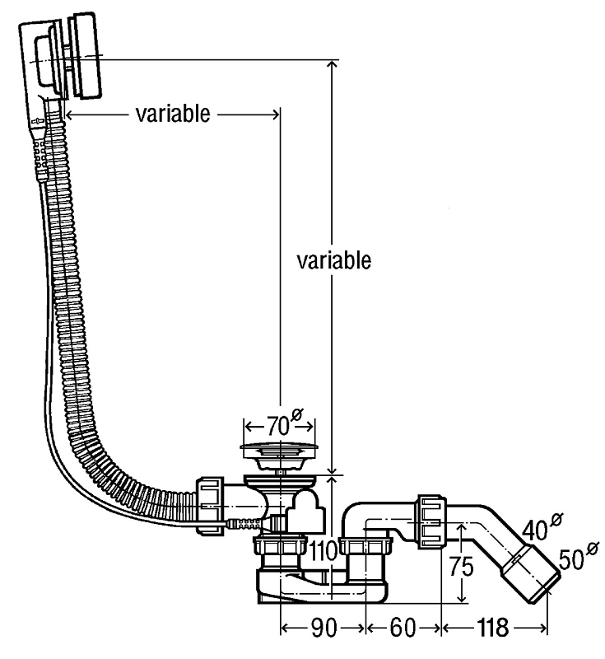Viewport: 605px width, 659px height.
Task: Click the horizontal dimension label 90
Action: coord(323,628)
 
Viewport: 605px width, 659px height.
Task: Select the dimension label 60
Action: coord(403,628)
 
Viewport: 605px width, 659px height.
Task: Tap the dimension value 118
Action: coord(492,628)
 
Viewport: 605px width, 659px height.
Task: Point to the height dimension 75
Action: coord(462,567)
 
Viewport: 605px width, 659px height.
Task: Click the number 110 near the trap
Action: coord(323,550)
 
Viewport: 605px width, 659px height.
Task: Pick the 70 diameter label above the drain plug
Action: coord(284,423)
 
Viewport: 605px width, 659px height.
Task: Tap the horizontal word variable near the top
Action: coord(173,114)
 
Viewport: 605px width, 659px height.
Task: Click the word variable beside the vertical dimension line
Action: coord(333,260)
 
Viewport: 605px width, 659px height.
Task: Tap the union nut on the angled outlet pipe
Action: coord(431,521)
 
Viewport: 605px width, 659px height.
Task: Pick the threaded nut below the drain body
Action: coord(279,545)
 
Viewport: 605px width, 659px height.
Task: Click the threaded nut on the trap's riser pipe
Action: coord(365,545)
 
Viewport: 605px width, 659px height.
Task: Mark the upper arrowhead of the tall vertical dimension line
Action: coord(332,65)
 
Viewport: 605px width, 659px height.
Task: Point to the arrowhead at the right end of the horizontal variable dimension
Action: coord(276,114)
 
